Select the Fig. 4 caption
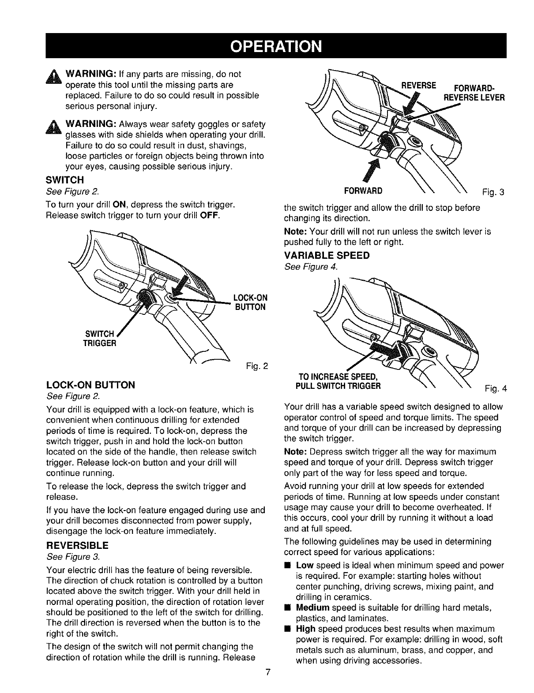496,389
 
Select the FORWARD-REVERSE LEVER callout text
472,93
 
